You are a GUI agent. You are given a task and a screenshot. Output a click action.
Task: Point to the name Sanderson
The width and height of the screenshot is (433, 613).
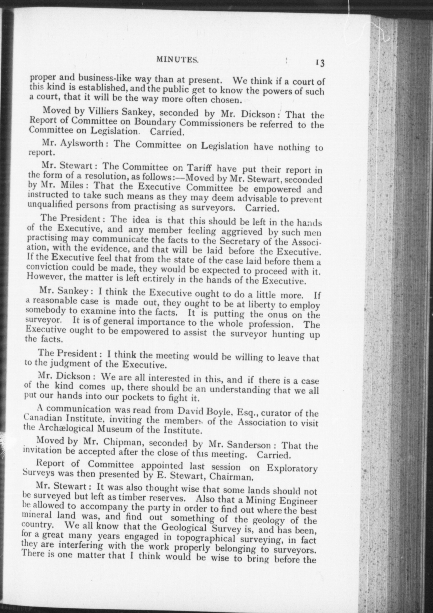[248, 444]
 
